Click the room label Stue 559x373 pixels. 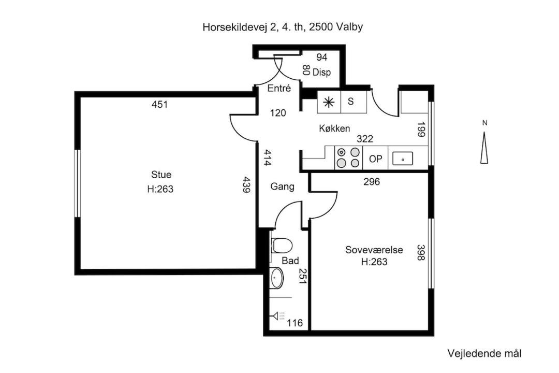coord(161,175)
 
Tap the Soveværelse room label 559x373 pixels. coord(374,250)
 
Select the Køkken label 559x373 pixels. coord(334,128)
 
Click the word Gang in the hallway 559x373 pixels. coord(283,187)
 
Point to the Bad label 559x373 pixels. coord(290,261)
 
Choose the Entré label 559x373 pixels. coord(279,88)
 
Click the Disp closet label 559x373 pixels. coord(321,73)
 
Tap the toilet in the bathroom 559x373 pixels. coord(282,246)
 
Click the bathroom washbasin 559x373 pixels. coord(276,278)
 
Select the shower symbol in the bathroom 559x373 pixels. coord(278,316)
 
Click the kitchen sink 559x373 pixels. coord(403,159)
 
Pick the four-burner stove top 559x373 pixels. coord(348,158)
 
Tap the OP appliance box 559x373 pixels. coord(375,158)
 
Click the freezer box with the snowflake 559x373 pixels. coord(329,102)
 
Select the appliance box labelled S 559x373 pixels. coord(354,102)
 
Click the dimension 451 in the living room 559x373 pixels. coord(160,105)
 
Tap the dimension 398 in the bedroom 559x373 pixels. coord(421,252)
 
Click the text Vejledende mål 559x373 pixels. coord(484,354)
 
